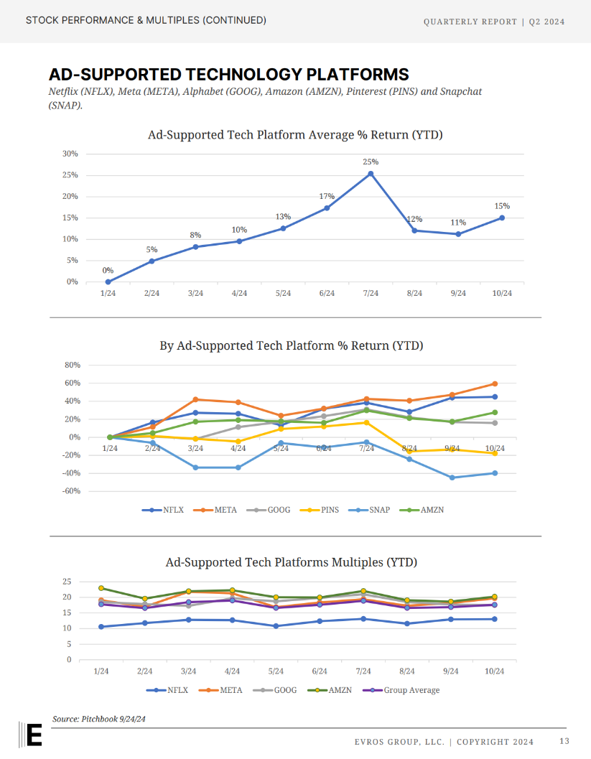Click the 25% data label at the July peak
coord(371,162)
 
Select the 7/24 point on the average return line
coord(371,174)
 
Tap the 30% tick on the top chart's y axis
coord(70,154)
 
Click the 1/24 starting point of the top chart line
coord(108,281)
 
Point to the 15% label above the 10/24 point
coord(502,206)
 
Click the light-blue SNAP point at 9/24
coord(452,478)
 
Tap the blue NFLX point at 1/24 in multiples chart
coord(101,627)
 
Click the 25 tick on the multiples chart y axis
coord(68,581)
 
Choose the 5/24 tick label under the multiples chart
coord(276,671)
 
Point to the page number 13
coord(564,741)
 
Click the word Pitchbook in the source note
coord(98,719)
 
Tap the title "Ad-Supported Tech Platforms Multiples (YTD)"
coord(291,562)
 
